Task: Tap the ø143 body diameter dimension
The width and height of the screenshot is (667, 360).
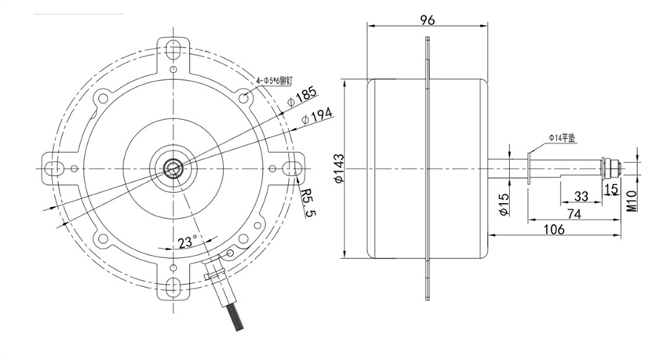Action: (x=339, y=169)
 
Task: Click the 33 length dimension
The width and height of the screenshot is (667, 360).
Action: (x=581, y=196)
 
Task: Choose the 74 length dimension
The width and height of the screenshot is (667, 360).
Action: (x=574, y=213)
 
